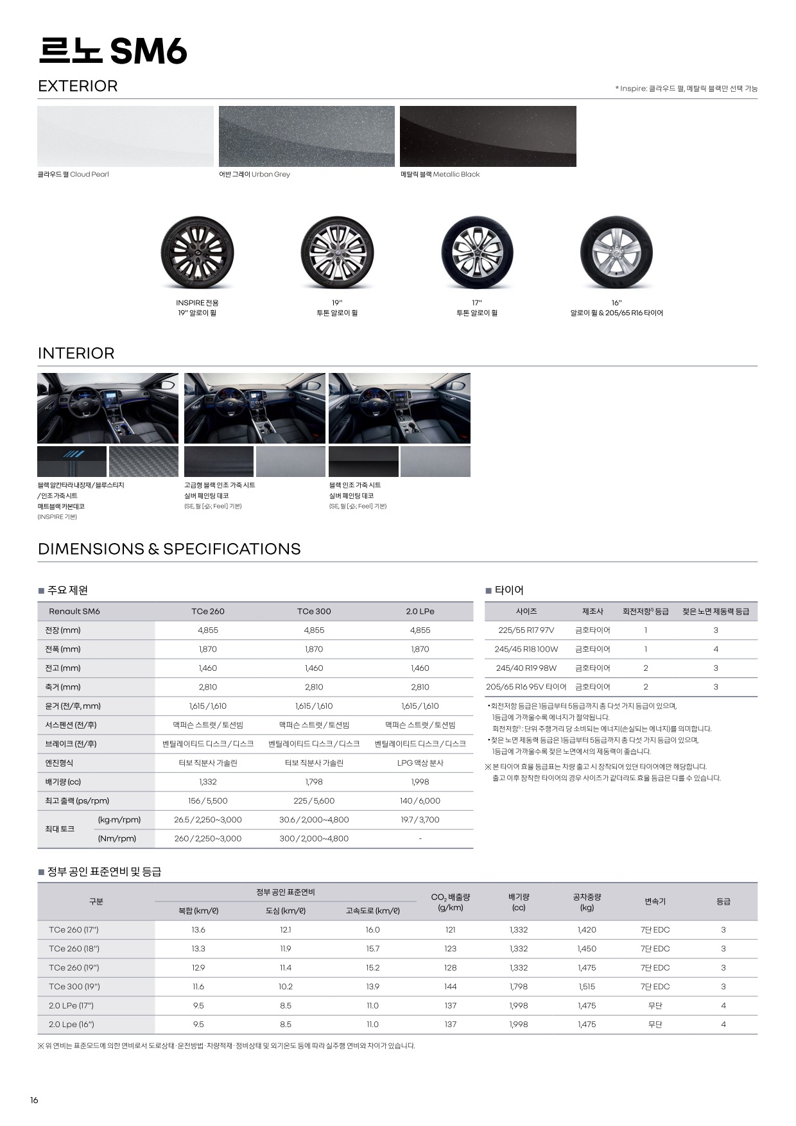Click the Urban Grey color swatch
[x=306, y=136]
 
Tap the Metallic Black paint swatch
[x=488, y=136]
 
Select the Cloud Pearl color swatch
[x=125, y=136]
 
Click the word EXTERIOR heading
[x=78, y=86]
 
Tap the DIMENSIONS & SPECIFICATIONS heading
[x=169, y=549]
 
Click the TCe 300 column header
[x=314, y=611]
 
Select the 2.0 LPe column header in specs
[x=420, y=611]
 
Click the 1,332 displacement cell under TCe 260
[x=208, y=782]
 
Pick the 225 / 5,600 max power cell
[x=314, y=801]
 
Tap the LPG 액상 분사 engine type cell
[x=420, y=763]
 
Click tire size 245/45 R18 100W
[x=526, y=649]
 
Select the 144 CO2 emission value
[x=450, y=987]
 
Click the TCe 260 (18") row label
[x=74, y=949]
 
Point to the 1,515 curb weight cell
[x=587, y=987]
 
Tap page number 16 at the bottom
[x=34, y=1100]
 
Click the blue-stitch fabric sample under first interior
[x=72, y=462]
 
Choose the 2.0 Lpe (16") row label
[x=71, y=1025]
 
